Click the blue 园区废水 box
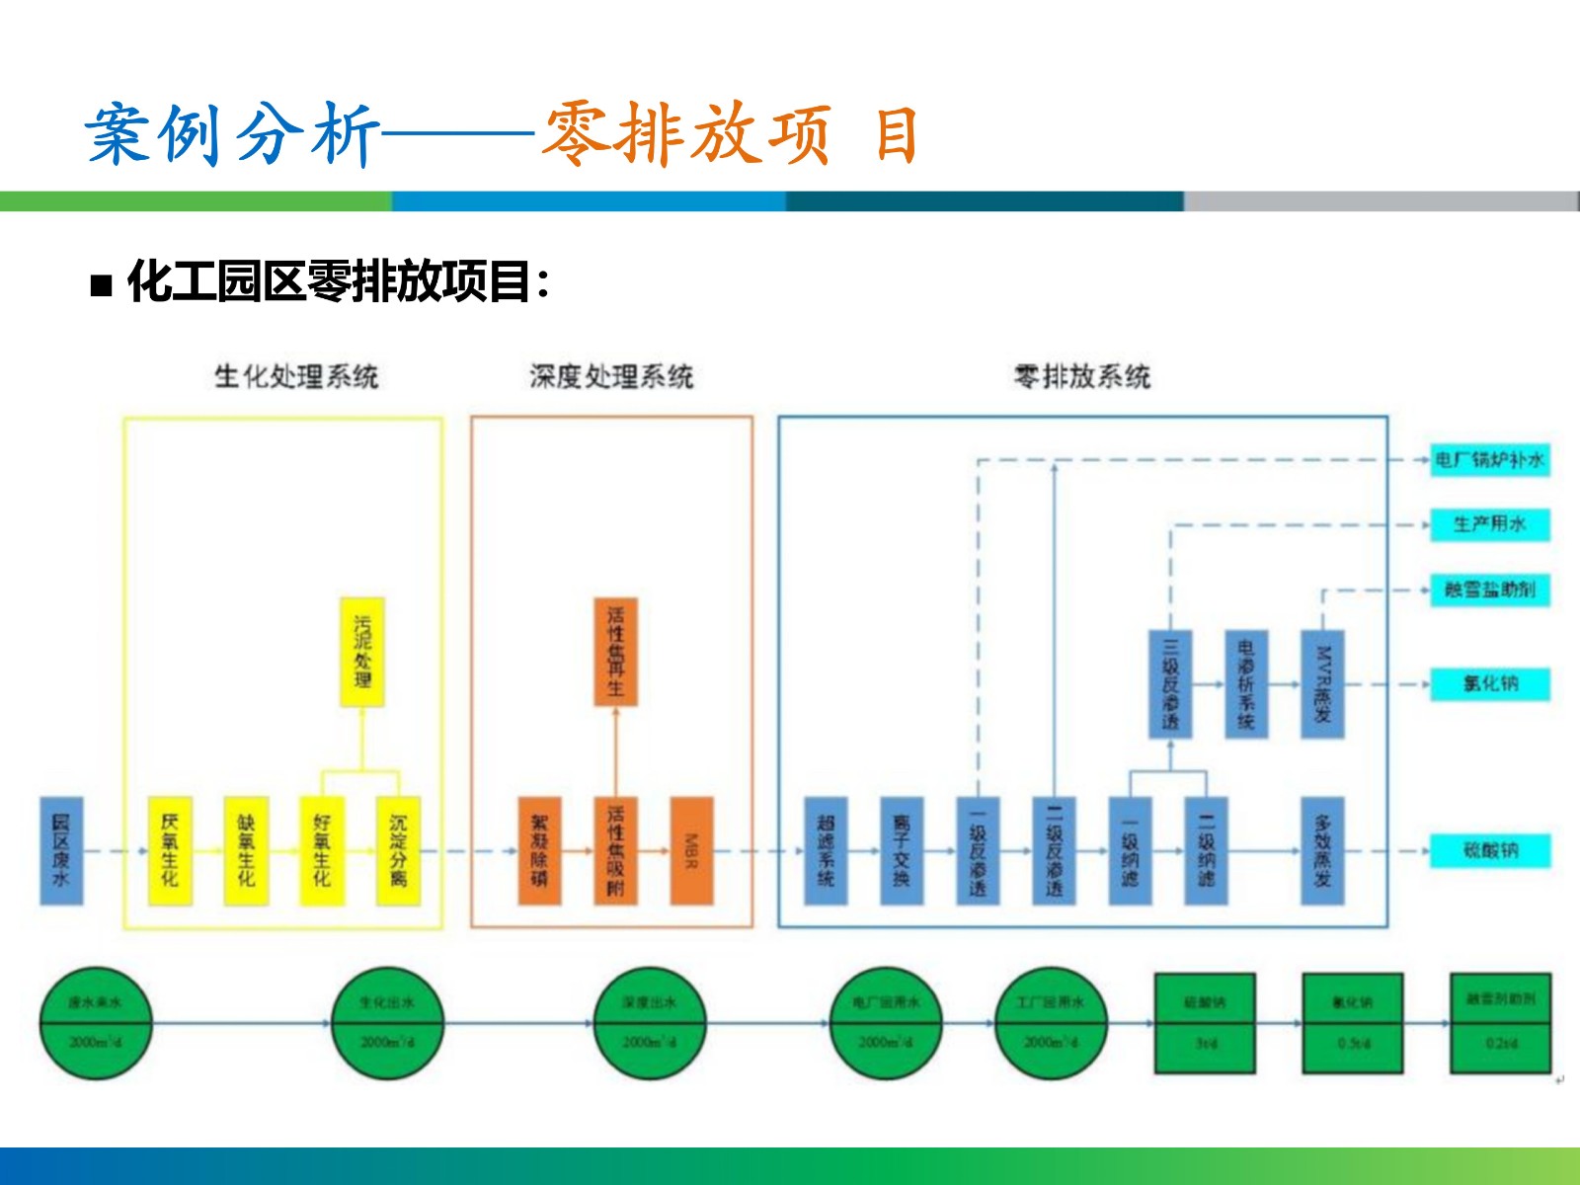click(x=61, y=850)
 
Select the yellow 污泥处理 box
click(x=362, y=652)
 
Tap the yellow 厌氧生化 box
click(x=170, y=850)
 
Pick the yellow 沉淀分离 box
click(x=398, y=850)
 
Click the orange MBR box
click(x=691, y=850)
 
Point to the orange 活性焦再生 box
click(x=615, y=652)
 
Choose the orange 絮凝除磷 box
click(x=539, y=850)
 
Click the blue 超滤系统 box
click(x=826, y=850)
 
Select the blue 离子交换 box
click(x=902, y=850)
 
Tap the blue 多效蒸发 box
click(x=1322, y=850)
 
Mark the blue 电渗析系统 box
click(x=1246, y=683)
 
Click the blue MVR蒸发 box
click(x=1322, y=683)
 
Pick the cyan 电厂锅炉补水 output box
click(x=1490, y=460)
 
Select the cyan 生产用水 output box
click(x=1490, y=524)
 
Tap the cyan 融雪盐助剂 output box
click(x=1490, y=590)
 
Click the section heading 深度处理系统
click(x=611, y=376)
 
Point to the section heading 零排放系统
click(x=1082, y=376)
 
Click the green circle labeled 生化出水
click(x=387, y=1023)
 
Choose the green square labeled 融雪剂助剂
click(x=1501, y=1023)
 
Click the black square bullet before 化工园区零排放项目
click(x=101, y=286)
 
